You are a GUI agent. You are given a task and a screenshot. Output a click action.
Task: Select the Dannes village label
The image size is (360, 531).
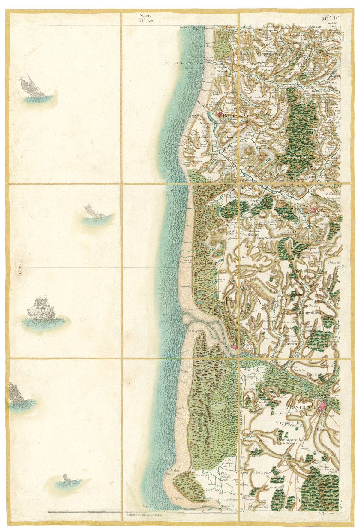(x=212, y=262)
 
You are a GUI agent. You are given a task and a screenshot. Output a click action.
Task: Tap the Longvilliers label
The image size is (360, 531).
(x=310, y=312)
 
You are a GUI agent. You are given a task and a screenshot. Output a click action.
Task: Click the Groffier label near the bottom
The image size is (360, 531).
(x=213, y=490)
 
